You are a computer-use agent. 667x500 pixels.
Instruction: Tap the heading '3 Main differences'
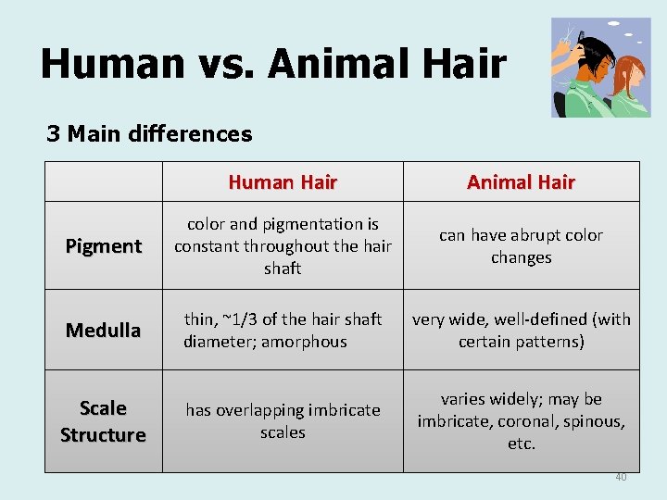click(149, 134)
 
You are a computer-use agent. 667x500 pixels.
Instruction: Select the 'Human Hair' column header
click(283, 182)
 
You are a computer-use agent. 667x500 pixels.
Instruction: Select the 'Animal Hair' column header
click(521, 182)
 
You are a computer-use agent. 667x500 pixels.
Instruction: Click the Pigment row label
click(103, 246)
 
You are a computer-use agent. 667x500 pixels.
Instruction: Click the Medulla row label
click(103, 331)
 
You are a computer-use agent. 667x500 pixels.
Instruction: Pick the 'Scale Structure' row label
click(103, 421)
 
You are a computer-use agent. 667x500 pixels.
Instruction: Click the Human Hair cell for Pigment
click(283, 246)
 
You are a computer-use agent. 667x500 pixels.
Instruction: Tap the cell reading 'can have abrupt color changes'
click(521, 246)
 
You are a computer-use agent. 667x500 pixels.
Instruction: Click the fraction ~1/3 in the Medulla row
click(238, 319)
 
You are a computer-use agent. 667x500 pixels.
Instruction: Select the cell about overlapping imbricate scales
click(283, 421)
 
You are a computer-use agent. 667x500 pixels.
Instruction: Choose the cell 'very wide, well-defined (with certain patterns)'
click(521, 331)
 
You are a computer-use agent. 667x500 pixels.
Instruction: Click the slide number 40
click(621, 477)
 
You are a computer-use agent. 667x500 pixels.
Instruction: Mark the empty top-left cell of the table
click(103, 182)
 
